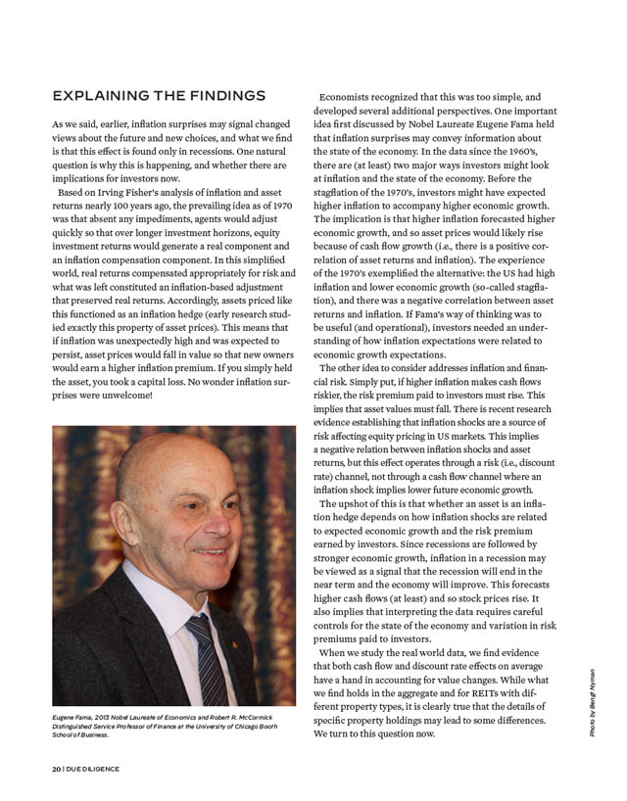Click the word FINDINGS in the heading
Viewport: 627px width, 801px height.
pyautogui.click(x=221, y=95)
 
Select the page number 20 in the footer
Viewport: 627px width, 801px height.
pyautogui.click(x=57, y=769)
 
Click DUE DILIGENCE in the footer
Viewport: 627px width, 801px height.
pyautogui.click(x=94, y=769)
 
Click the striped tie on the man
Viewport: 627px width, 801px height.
pyautogui.click(x=207, y=656)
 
